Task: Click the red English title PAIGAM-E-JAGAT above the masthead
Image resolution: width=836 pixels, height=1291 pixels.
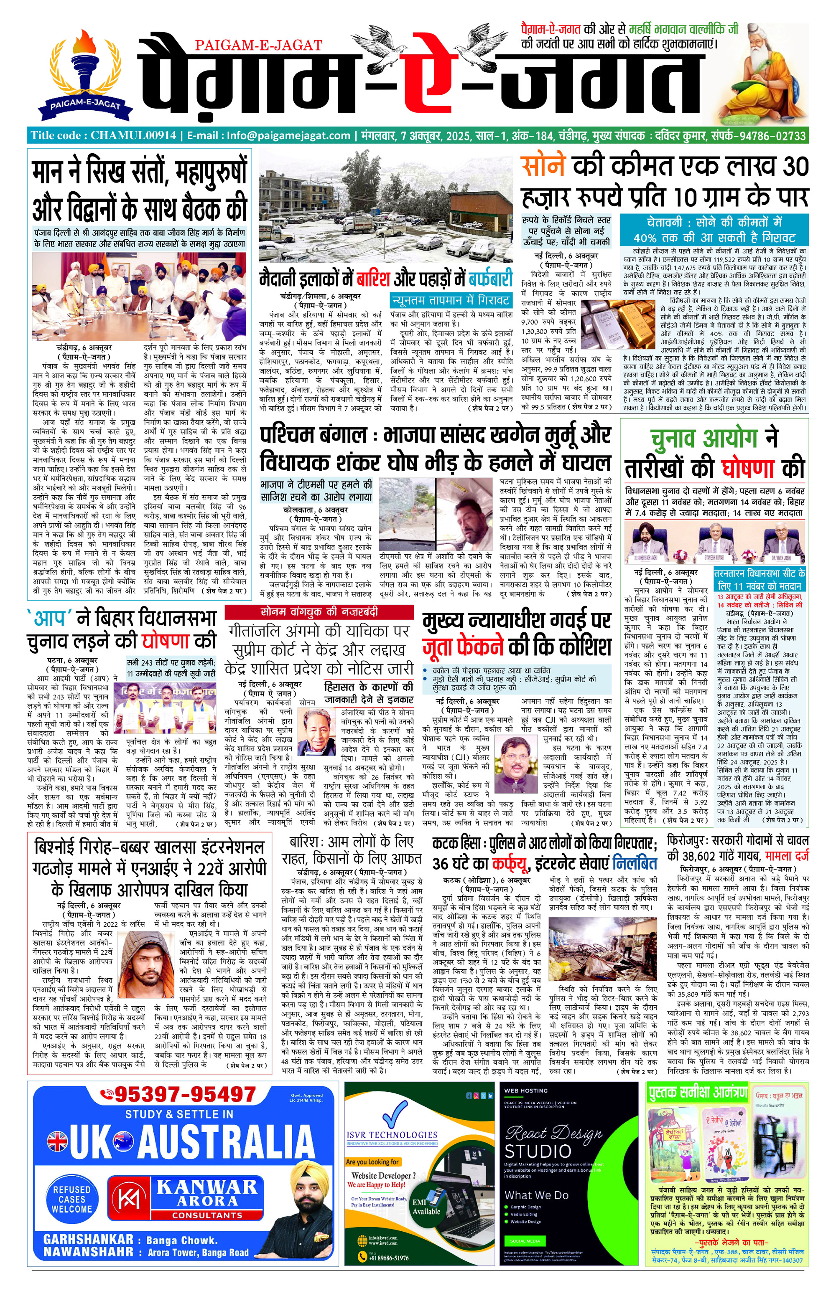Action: point(258,46)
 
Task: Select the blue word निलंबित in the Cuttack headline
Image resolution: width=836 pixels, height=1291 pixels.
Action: point(635,864)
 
